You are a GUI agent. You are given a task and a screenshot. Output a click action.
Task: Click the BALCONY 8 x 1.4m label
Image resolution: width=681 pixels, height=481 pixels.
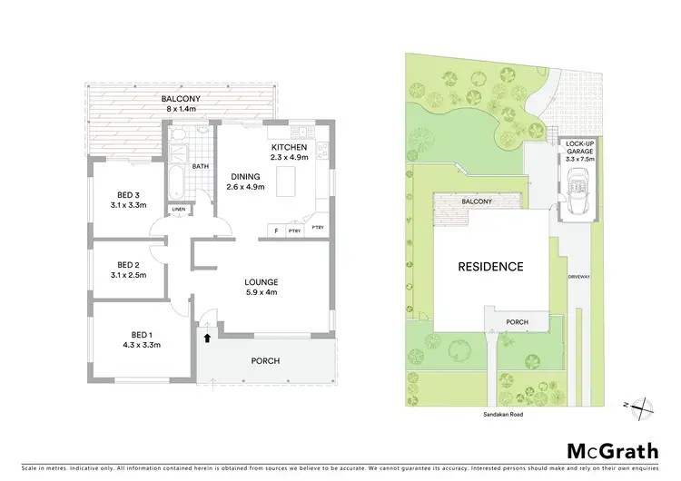tap(181, 103)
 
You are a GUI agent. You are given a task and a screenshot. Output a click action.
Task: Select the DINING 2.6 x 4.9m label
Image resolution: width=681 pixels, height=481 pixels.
tap(244, 182)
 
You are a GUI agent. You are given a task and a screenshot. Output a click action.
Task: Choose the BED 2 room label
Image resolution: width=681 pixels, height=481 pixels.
tap(127, 269)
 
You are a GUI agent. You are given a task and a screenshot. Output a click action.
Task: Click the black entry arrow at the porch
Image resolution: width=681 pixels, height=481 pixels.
tap(207, 339)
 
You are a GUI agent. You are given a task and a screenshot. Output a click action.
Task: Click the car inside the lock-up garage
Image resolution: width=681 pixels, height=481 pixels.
tap(577, 195)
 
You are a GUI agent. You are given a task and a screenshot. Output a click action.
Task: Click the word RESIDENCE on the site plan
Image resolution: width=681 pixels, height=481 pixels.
tap(490, 267)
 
